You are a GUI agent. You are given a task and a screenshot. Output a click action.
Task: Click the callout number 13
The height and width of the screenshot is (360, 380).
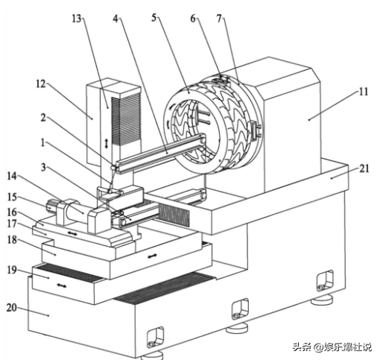point(77,19)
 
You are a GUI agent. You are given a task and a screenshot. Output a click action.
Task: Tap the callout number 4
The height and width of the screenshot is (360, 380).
point(115,19)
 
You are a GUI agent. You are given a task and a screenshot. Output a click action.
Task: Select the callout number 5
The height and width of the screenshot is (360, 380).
point(154,18)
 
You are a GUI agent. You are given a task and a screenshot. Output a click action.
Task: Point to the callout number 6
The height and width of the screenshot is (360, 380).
point(193,19)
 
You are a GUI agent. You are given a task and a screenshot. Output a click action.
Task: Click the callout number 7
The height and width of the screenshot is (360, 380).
point(219,18)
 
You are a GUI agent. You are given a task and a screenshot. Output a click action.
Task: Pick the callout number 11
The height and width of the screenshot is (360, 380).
point(364,92)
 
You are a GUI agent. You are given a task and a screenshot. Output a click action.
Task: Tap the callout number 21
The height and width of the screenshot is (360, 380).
point(364,168)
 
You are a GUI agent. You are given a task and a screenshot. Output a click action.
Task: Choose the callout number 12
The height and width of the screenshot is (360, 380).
point(41,84)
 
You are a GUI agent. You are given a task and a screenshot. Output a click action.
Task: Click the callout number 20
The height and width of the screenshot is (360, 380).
point(11,308)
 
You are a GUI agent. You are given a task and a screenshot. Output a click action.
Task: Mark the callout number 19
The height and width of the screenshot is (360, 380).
point(12,270)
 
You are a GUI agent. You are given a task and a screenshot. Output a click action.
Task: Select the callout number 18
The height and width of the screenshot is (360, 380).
point(12,240)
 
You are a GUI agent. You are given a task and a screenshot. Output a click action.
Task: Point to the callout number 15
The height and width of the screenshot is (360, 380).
point(12,198)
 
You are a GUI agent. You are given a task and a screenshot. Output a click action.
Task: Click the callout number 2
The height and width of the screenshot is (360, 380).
point(43,118)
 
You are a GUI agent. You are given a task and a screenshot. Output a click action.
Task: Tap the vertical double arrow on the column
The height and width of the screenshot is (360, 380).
point(107,144)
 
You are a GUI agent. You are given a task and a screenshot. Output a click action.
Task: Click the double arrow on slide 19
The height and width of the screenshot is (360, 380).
point(61,285)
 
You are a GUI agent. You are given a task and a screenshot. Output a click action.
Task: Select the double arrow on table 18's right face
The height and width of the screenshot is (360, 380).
point(152,256)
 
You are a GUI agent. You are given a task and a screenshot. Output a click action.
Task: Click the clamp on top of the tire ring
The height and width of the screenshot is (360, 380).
point(221,79)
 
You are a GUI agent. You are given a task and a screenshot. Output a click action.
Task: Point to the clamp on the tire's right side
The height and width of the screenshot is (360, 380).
point(256,130)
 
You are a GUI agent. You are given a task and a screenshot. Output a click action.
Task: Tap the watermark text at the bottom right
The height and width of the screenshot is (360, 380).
point(332,347)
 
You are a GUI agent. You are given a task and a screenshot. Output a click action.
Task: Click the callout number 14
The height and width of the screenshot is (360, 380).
point(11,176)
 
